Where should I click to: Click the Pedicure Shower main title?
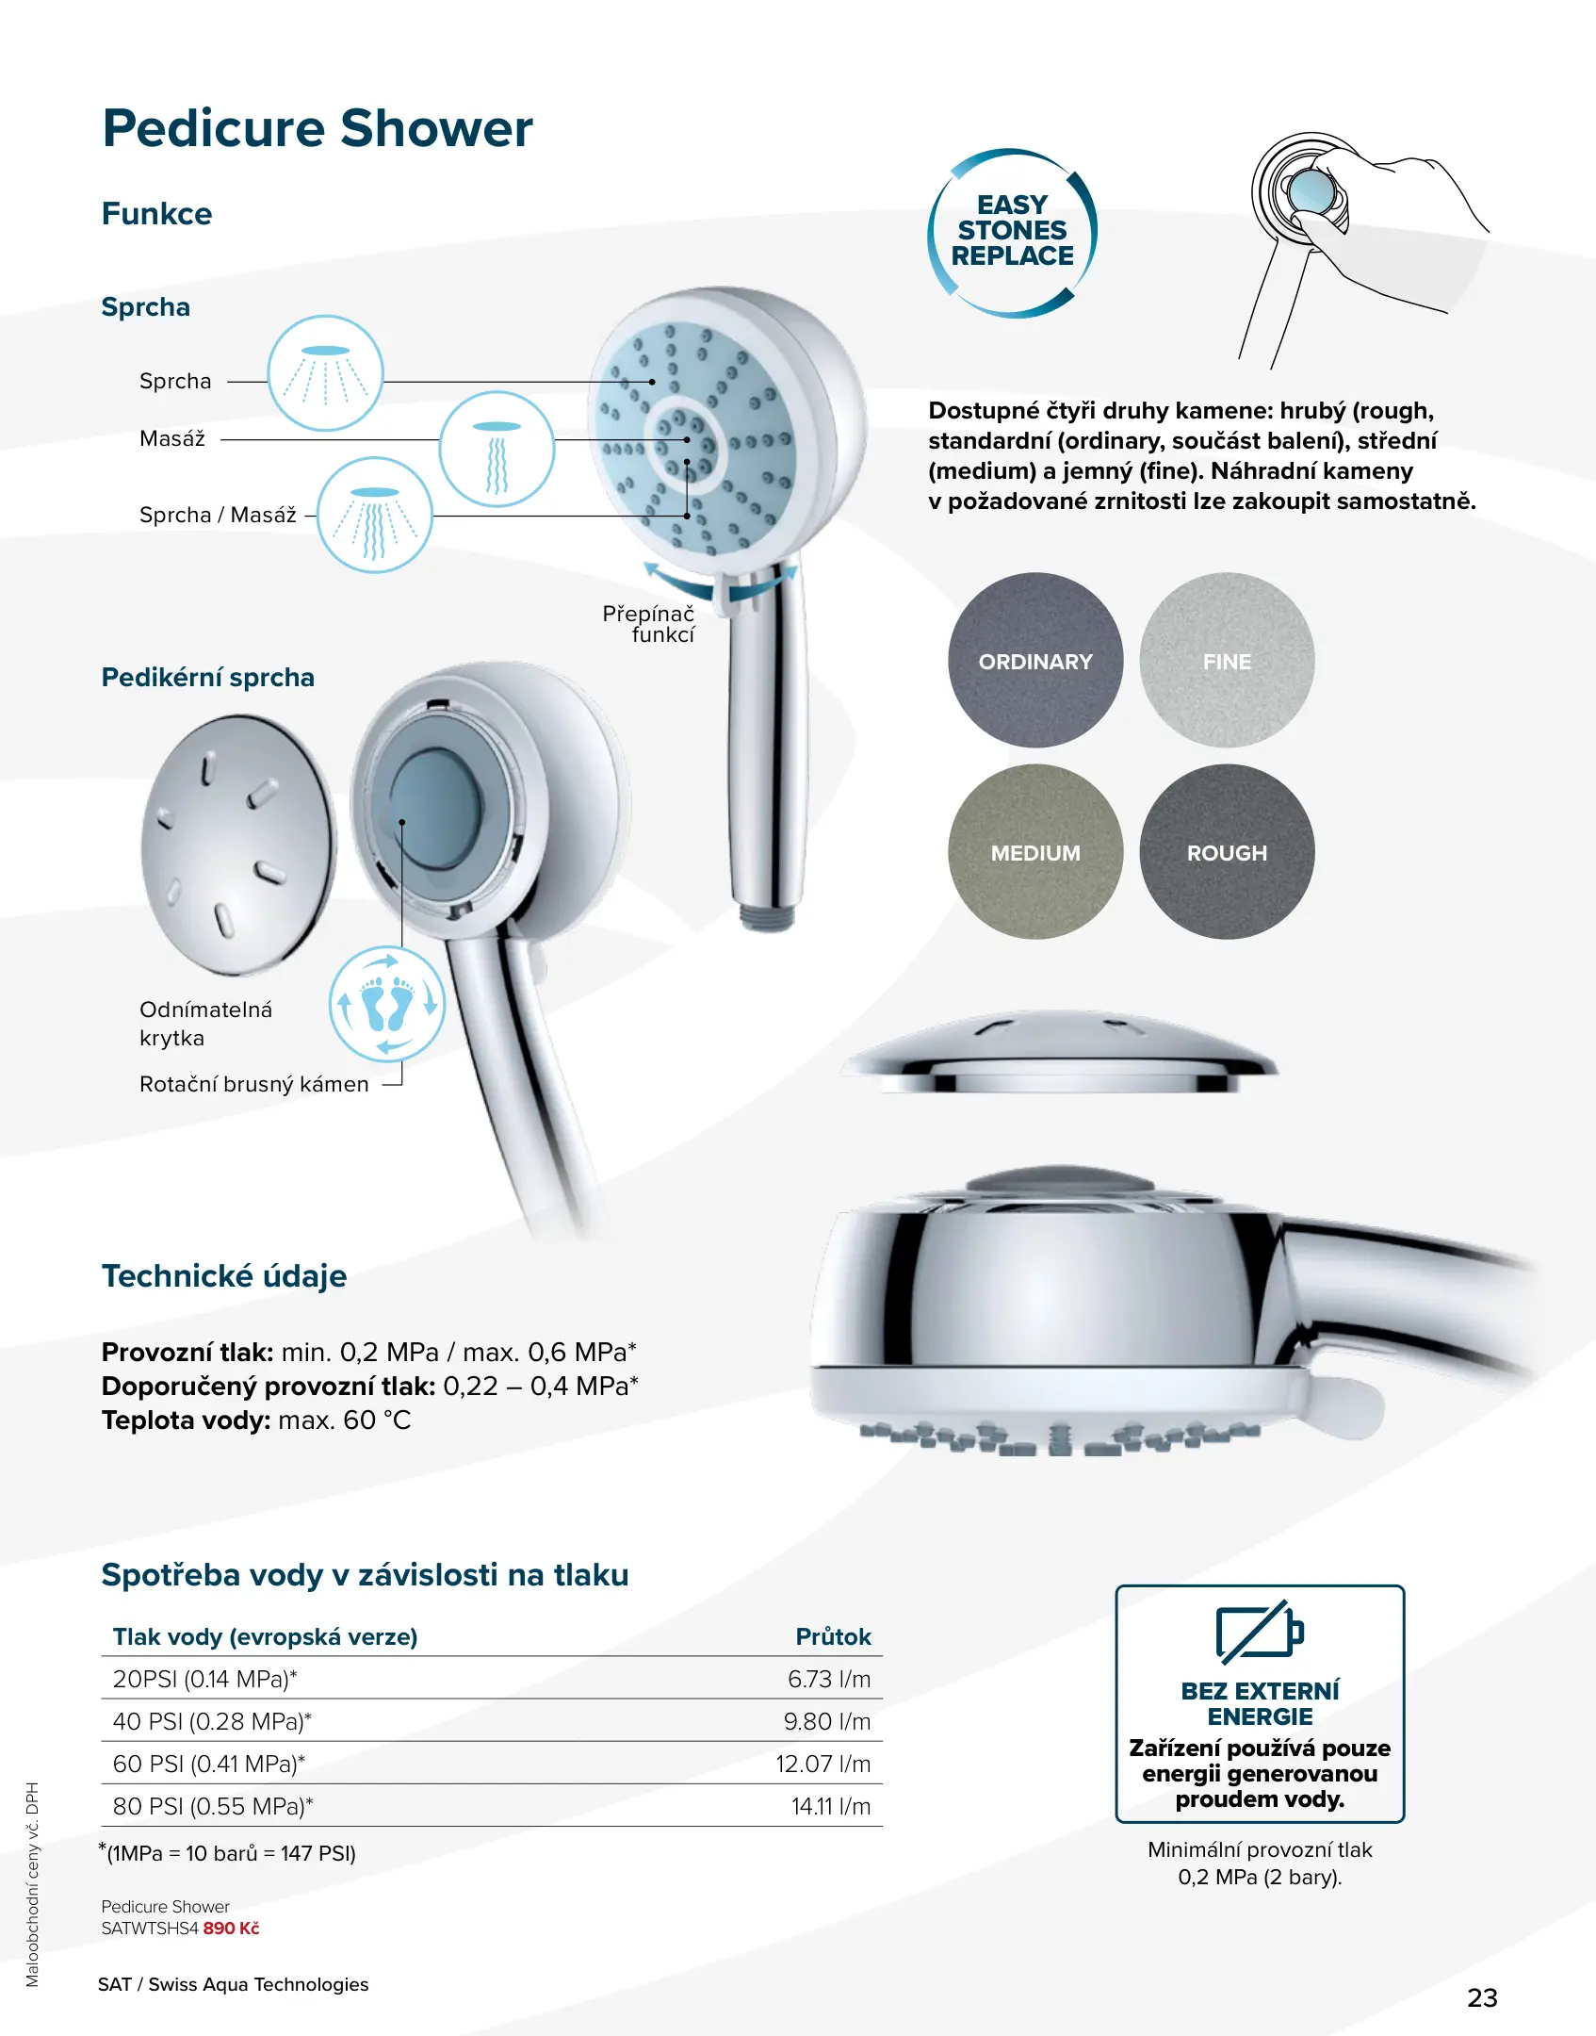318,128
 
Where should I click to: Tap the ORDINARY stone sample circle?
1035,661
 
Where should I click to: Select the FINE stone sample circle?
1227,661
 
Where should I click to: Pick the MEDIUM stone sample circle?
1035,852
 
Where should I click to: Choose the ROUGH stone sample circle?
1227,852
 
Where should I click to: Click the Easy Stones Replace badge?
1013,232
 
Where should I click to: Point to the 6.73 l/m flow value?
829,1679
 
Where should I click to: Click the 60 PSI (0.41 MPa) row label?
209,1764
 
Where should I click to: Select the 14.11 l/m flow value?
831,1806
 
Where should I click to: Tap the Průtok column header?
833,1636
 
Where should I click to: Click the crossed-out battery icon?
1260,1631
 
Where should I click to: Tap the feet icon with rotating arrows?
386,1004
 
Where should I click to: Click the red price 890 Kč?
231,1928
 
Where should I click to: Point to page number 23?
1482,1997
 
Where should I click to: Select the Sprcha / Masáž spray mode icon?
375,516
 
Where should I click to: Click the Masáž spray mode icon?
497,450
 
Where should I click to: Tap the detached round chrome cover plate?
237,844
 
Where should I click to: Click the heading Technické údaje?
224,1275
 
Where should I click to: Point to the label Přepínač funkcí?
649,624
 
